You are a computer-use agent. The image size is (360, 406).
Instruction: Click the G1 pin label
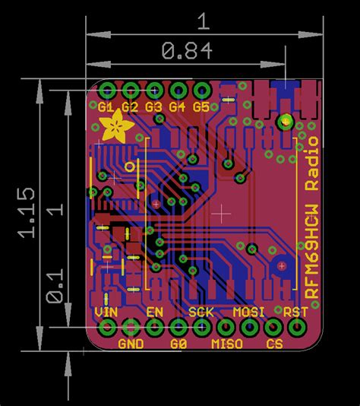pos(106,107)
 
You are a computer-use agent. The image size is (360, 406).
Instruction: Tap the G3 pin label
pos(154,107)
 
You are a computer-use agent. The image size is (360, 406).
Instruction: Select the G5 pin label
pos(201,107)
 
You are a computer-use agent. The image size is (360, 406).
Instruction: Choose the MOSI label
pos(248,312)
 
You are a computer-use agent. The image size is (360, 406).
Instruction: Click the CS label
pos(274,344)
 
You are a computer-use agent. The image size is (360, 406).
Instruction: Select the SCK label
pos(201,312)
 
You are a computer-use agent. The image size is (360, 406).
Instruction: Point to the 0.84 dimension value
pos(186,52)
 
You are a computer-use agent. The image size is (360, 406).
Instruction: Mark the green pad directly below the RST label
pos(296,328)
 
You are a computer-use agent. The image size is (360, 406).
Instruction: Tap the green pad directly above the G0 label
pos(178,328)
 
